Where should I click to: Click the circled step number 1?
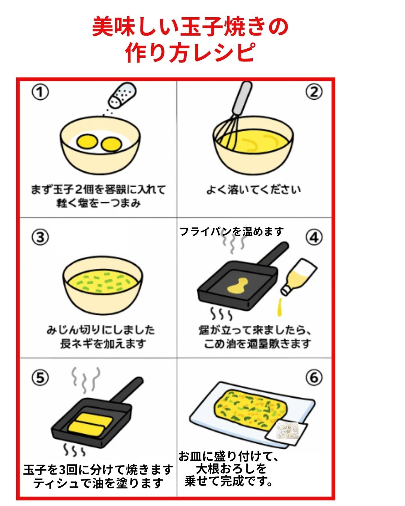(40, 92)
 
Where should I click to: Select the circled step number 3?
(40, 237)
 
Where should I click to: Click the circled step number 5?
(40, 378)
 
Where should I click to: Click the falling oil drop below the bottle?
(279, 308)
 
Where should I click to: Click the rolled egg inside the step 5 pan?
(90, 422)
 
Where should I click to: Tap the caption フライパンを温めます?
(231, 232)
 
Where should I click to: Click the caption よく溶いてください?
(253, 190)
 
